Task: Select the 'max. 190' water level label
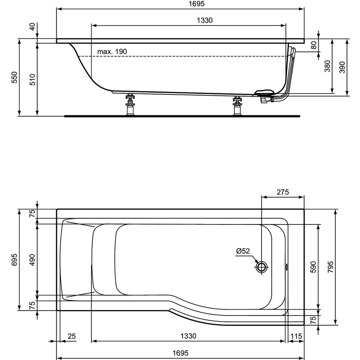click(x=112, y=51)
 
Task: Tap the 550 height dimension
click(x=14, y=77)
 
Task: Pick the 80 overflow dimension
click(x=314, y=45)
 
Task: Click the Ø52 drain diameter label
click(x=244, y=251)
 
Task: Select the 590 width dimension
click(x=314, y=266)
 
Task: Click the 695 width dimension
click(x=14, y=259)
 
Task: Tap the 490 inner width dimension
click(x=32, y=259)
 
